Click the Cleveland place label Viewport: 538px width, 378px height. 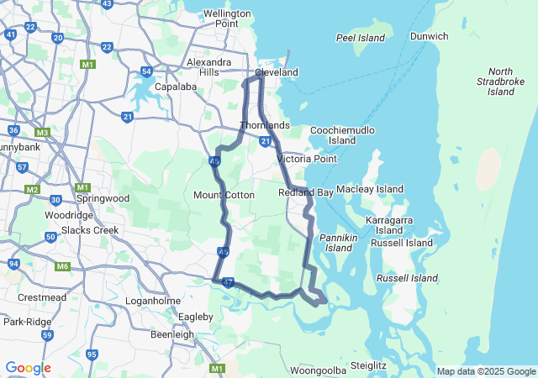point(277,72)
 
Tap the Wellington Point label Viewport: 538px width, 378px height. point(227,18)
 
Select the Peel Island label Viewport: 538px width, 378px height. point(360,38)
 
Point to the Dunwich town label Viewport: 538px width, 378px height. point(429,36)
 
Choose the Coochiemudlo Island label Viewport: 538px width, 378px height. point(342,135)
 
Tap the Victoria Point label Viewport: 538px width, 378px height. point(307,159)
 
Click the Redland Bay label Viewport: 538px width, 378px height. point(306,192)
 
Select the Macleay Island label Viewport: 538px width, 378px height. point(371,189)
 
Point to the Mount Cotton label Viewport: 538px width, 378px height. point(224,195)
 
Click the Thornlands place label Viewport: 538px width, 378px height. point(265,125)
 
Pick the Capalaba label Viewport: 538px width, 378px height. point(176,86)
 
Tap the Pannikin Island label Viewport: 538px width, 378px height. point(339,243)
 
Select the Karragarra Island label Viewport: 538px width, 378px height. point(389,224)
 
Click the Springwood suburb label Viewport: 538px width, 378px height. point(103,198)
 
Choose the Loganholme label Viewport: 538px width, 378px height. point(147,300)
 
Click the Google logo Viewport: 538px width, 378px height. point(28,368)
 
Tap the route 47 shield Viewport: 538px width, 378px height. point(229,283)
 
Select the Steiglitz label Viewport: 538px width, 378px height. point(368,365)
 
